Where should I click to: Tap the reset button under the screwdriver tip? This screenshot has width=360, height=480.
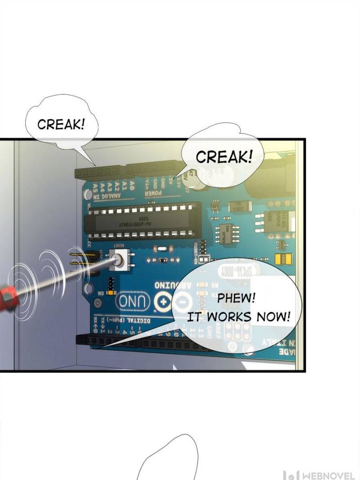[119, 260]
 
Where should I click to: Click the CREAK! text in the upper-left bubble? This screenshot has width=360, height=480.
[61, 125]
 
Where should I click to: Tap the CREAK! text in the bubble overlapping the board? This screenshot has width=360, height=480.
[224, 157]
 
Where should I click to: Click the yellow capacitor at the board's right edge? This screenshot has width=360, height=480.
[286, 259]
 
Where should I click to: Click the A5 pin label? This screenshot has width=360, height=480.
[96, 186]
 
